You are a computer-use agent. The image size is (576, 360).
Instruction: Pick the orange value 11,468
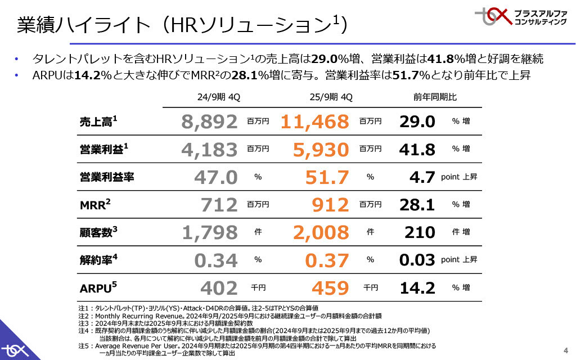[x=314, y=121]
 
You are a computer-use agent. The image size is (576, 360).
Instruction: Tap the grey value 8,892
[x=210, y=121]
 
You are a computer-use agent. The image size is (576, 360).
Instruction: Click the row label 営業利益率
[x=106, y=177]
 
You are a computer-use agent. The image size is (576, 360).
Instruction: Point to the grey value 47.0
[x=216, y=177]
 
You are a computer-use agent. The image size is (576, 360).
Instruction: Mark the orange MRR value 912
[x=330, y=205]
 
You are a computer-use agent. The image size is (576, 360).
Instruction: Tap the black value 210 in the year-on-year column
[x=420, y=232]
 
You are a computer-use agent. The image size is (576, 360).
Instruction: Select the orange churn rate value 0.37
[x=327, y=260]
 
